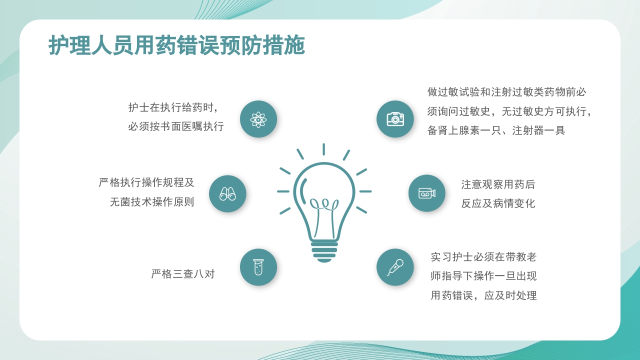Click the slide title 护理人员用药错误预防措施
(x=176, y=46)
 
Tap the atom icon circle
(x=258, y=119)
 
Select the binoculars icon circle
(x=227, y=193)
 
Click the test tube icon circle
(x=258, y=267)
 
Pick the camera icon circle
(x=395, y=119)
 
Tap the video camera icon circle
(x=426, y=193)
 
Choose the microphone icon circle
(x=395, y=267)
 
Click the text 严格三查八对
(x=183, y=274)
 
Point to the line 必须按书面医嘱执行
(x=176, y=126)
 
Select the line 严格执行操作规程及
(x=146, y=182)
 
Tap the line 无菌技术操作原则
(x=152, y=202)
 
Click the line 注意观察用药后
(x=498, y=184)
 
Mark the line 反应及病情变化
(x=498, y=203)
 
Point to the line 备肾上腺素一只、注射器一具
(x=496, y=130)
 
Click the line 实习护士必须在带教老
(x=483, y=257)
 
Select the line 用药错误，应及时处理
(x=483, y=295)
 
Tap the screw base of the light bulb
(x=324, y=251)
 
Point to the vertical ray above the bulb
(x=323, y=149)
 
